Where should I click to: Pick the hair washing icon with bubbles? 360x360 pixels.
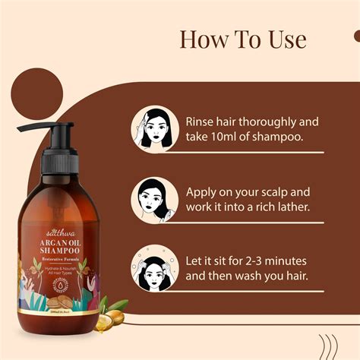click(x=155, y=267)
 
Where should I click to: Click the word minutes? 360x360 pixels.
click(x=300, y=260)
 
